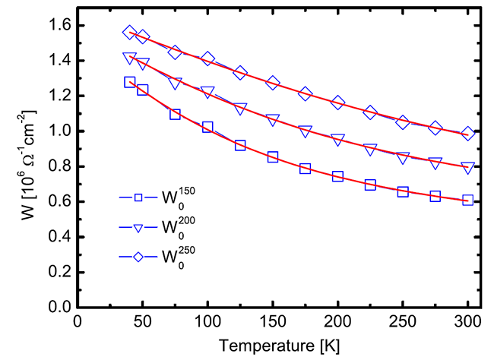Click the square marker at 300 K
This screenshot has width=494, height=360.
[x=467, y=200]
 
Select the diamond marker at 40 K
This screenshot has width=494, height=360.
[x=129, y=33]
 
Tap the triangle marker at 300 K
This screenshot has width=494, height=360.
[x=467, y=167]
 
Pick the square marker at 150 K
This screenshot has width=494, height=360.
[x=273, y=157]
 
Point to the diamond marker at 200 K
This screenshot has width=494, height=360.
[x=337, y=103]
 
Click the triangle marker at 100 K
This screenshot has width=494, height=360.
[x=207, y=91]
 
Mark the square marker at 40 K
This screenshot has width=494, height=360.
[x=129, y=82]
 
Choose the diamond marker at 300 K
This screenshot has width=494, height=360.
[x=467, y=134]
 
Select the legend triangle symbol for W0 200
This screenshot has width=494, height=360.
[x=139, y=227]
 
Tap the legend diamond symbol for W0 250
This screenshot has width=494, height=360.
[x=139, y=256]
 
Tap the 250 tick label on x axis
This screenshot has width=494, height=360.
[x=402, y=322]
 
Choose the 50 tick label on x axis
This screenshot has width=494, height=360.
[x=142, y=322]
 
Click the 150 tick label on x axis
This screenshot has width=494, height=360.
[x=272, y=322]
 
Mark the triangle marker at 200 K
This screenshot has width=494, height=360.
[x=337, y=140]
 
